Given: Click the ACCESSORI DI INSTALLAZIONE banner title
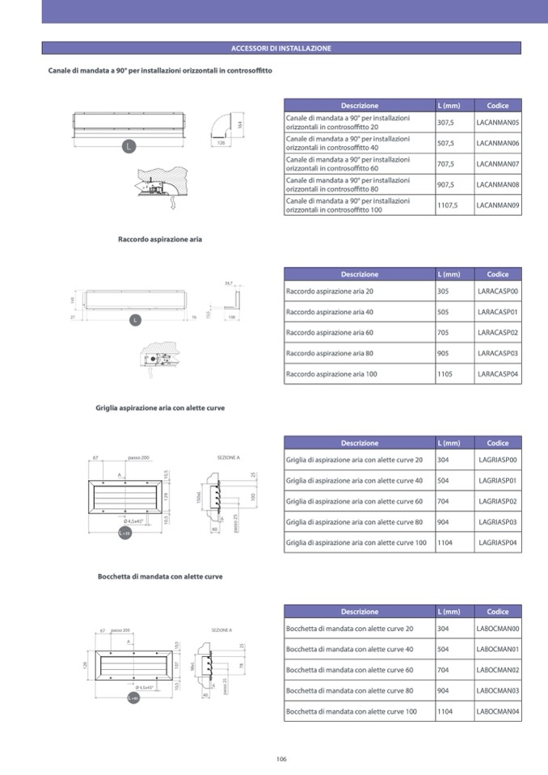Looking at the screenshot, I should pos(281,48).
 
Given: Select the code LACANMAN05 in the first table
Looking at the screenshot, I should pos(498,123).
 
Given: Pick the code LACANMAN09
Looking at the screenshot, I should pos(498,205).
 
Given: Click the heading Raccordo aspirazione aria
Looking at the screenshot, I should pos(160,240).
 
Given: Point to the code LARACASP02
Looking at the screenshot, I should pos(498,333).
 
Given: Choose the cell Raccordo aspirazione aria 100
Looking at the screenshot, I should pos(331,375).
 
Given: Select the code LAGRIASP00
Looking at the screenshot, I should pos(498,460).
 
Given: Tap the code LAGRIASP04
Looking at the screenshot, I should pos(498,543).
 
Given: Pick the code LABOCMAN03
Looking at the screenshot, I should pos(498,691).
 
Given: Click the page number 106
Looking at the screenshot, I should pos(281,759).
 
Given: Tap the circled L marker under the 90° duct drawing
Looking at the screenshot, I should pos(129,146).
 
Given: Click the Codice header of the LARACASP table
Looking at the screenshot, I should pos(498,274).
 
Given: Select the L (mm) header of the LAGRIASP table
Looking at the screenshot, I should pos(449,443).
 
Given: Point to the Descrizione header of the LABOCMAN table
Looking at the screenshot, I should pos(359,612).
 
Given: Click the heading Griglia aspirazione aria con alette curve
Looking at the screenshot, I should pos(160,408).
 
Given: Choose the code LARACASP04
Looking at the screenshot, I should pos(498,375).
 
